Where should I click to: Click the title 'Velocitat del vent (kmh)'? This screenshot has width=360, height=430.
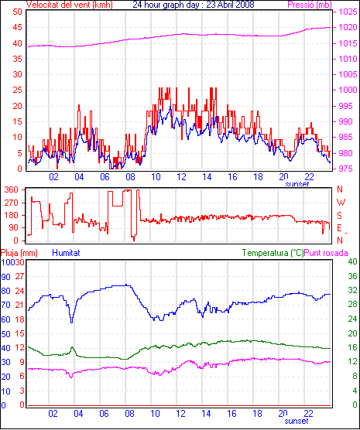point(69,5)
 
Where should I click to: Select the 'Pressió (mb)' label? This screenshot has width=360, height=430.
point(310,5)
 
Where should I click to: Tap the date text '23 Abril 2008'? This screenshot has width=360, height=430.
point(230,5)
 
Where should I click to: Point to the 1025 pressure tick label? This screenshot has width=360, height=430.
point(348,12)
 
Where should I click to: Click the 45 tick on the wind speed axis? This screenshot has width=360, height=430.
point(18,27)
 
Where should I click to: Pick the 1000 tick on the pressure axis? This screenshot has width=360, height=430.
point(348,90)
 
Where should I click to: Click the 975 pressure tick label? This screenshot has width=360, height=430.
point(348,169)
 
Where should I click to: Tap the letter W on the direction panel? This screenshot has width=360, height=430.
point(341,203)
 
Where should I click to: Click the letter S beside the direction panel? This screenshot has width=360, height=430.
point(340,216)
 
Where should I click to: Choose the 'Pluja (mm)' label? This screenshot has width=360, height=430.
point(19,253)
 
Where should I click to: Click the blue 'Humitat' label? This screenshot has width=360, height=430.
point(66,253)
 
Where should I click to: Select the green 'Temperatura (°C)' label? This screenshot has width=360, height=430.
point(273,253)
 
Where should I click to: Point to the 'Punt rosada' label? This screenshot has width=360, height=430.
point(326,253)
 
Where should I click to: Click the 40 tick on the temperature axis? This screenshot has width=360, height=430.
point(352,261)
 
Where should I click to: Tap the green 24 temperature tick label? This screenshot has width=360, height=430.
point(352,319)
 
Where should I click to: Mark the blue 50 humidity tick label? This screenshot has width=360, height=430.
point(5,334)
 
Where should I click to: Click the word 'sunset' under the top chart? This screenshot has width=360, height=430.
point(297,184)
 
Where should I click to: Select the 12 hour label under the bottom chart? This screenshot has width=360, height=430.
point(180,413)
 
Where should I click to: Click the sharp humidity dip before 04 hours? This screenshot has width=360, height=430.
point(72,322)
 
